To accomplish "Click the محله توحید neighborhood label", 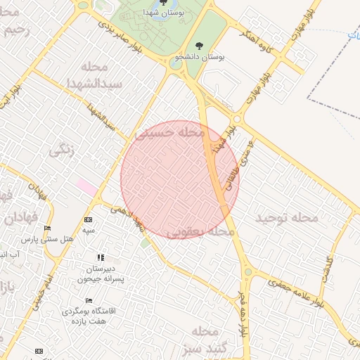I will tap(287, 218).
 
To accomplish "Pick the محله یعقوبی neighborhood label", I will tap(202, 231).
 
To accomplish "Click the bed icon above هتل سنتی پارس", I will tap(48, 229).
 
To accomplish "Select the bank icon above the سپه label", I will tap(88, 220).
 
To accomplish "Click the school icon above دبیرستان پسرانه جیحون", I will tap(101, 258).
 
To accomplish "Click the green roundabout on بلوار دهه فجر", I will tap(247, 271).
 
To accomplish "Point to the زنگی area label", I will tap(62, 150).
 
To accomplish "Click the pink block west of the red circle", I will tap(86, 187).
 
